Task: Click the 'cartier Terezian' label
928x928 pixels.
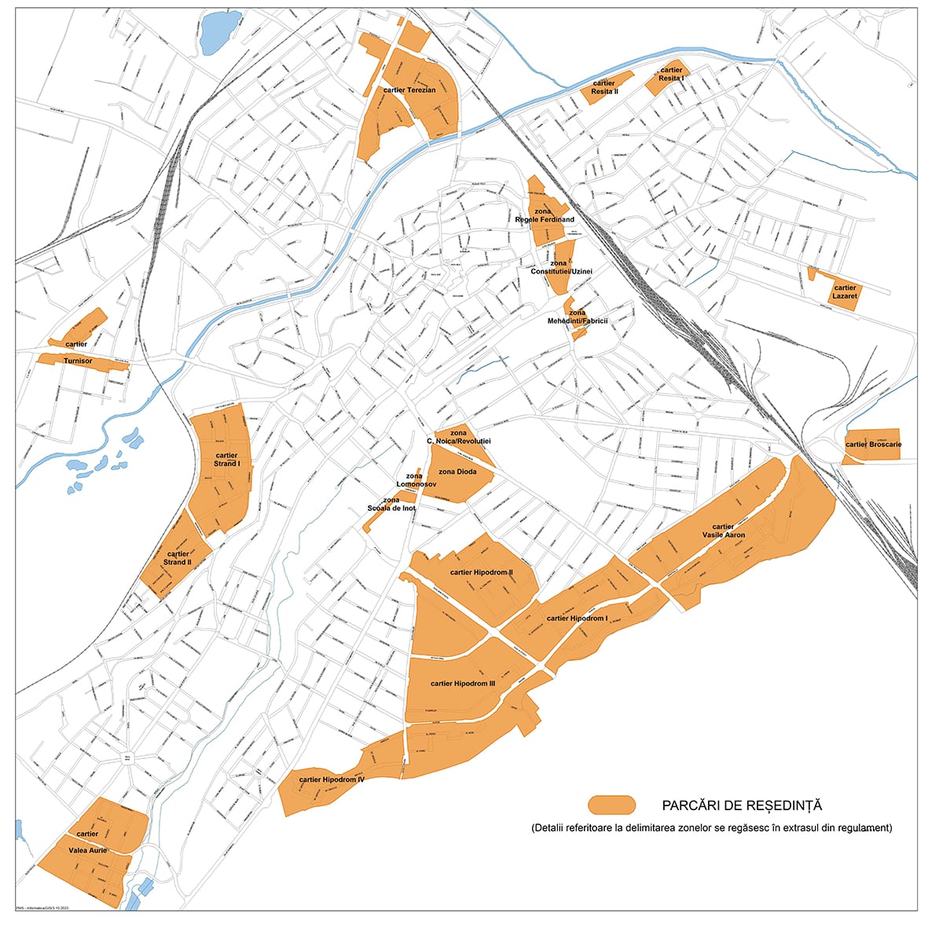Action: (409, 90)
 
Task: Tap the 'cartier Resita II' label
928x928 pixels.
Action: (604, 87)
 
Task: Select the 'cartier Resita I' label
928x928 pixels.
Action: (671, 75)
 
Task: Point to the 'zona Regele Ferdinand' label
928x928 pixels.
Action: (545, 215)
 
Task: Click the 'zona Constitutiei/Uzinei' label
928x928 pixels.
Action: (561, 267)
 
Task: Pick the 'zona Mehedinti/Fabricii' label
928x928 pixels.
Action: (578, 317)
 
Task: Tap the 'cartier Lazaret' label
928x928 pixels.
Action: (845, 292)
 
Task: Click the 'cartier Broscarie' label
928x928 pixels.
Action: (873, 445)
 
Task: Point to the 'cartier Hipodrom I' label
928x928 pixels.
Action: (577, 618)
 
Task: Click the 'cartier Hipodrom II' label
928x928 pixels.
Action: (481, 573)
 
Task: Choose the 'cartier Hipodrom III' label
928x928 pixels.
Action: (463, 684)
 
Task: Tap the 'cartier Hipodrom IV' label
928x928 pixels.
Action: (332, 779)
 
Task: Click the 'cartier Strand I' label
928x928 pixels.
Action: (226, 460)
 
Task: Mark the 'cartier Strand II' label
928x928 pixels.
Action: (177, 558)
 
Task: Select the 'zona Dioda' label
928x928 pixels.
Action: (457, 471)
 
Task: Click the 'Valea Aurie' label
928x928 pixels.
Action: (87, 850)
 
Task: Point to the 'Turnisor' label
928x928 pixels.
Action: (78, 361)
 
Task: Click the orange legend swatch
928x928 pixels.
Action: (611, 805)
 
